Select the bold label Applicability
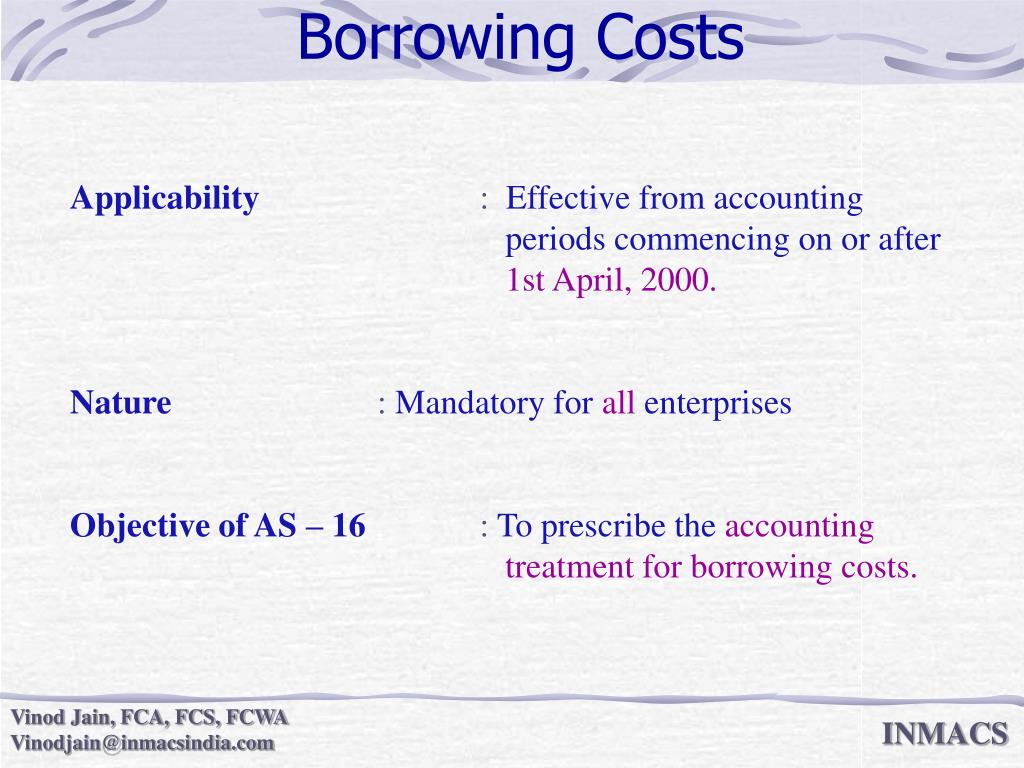point(164,199)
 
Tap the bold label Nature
point(121,404)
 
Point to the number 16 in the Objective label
point(349,526)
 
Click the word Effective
point(568,199)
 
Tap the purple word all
point(618,404)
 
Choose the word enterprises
point(717,404)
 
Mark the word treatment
point(556,568)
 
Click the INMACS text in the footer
point(944,735)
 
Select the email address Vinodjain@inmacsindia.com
point(142,743)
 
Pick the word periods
point(555,240)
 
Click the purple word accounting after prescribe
point(799,526)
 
